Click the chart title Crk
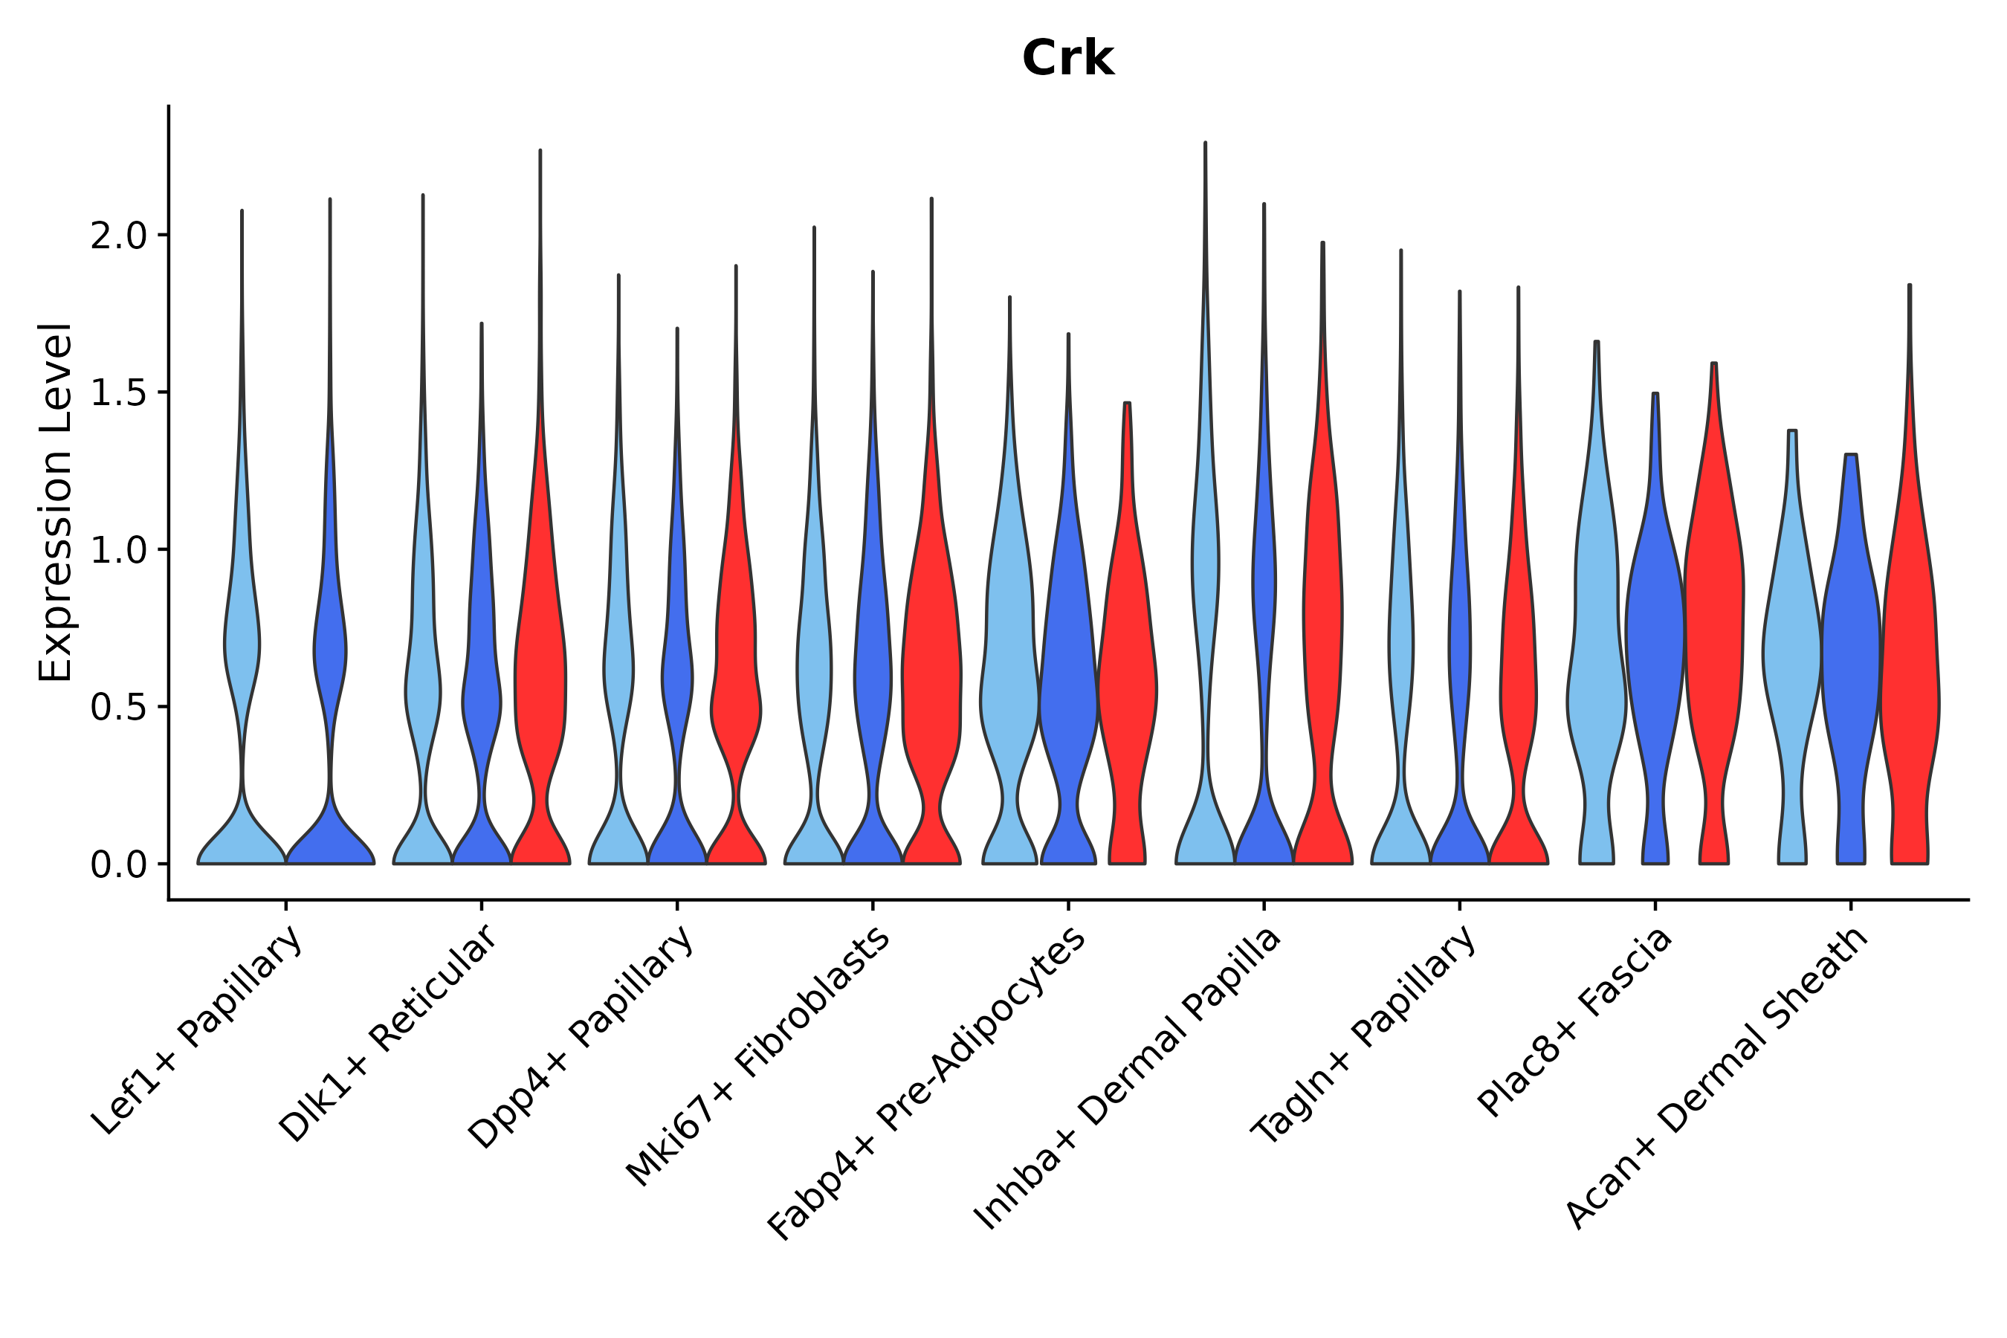click(1067, 59)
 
